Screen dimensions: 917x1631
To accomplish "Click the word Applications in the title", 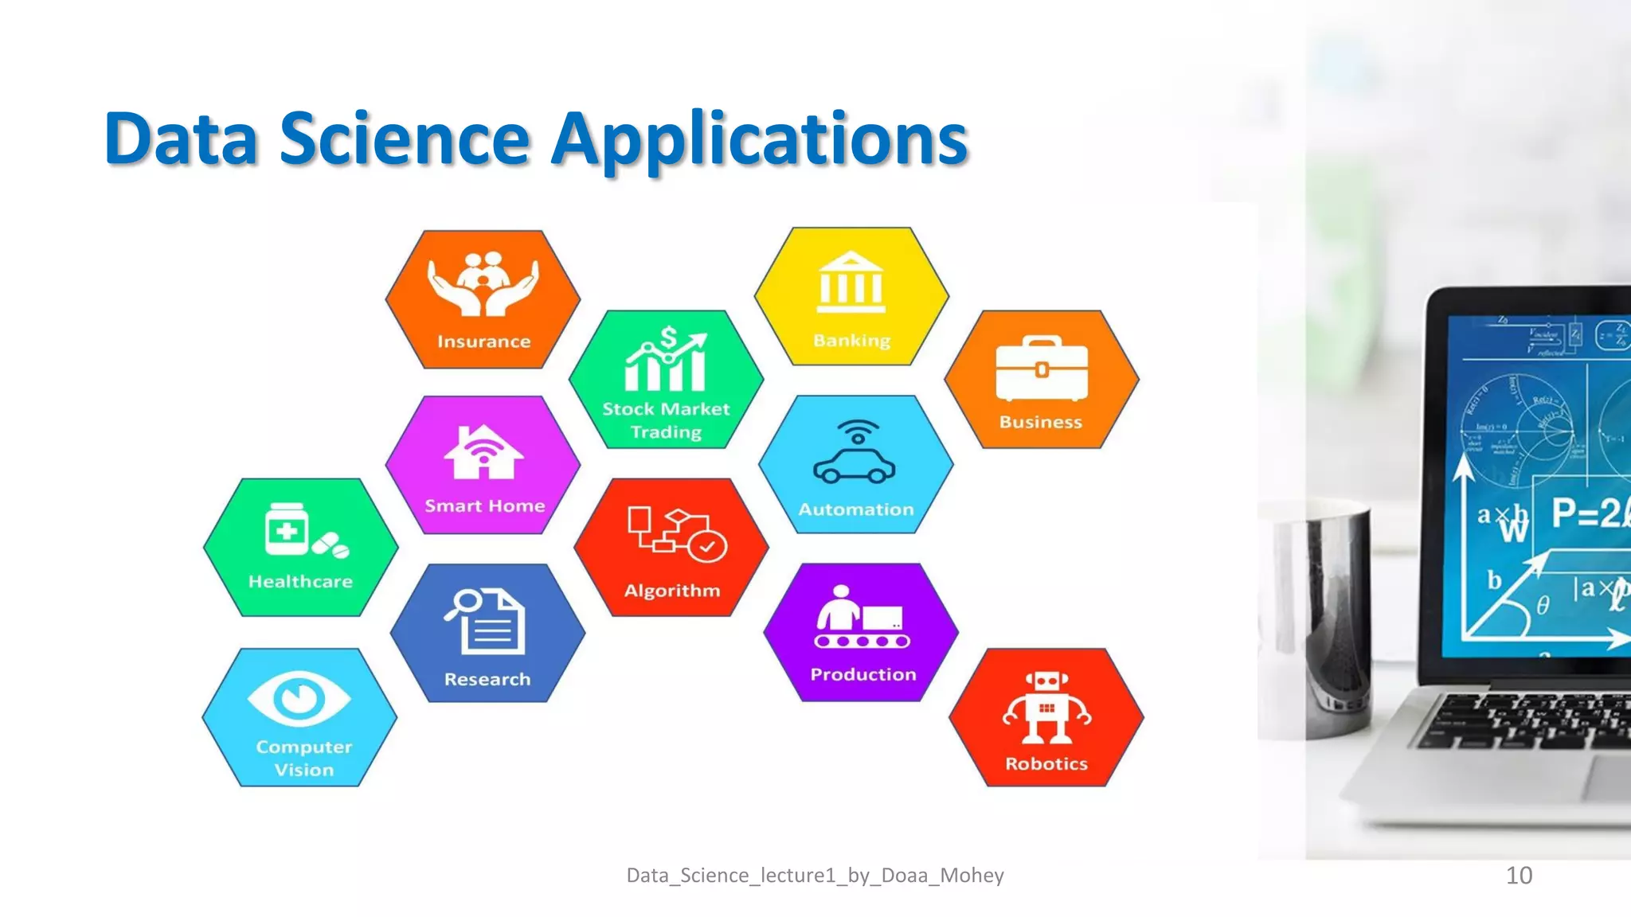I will pyautogui.click(x=760, y=140).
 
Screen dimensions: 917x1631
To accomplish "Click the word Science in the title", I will pyautogui.click(x=405, y=140).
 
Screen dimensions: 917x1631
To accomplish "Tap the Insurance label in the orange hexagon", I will pyautogui.click(x=483, y=341).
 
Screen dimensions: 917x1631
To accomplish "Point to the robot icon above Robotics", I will pyautogui.click(x=1046, y=707).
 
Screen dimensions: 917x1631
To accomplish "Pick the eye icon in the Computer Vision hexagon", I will pyautogui.click(x=299, y=698).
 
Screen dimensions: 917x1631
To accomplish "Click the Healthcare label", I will pyautogui.click(x=300, y=582).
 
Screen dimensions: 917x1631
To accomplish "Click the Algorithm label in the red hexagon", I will pyautogui.click(x=672, y=591).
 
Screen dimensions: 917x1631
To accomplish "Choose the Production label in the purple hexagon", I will pyautogui.click(x=863, y=675).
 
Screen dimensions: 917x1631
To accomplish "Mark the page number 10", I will pyautogui.click(x=1519, y=876).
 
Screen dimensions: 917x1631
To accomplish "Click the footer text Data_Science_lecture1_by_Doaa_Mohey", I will pyautogui.click(x=815, y=876).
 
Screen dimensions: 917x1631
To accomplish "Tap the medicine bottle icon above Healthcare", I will pyautogui.click(x=286, y=529).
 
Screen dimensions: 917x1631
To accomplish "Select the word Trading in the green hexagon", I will pyautogui.click(x=667, y=432).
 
